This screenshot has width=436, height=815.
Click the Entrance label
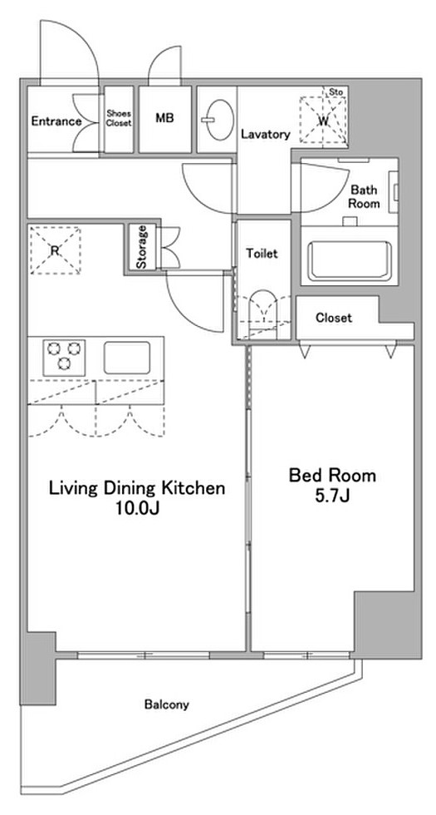click(56, 121)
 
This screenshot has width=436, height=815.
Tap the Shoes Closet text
click(119, 118)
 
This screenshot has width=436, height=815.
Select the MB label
click(164, 118)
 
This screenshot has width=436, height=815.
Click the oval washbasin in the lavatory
click(218, 120)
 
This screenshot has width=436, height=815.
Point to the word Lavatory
click(265, 135)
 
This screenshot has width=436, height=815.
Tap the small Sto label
click(337, 92)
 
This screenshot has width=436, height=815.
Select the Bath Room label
click(364, 196)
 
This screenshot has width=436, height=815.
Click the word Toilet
click(262, 254)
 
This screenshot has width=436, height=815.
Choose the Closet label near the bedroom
click(334, 318)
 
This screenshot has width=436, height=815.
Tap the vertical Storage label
click(141, 247)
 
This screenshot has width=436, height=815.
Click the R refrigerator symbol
click(55, 250)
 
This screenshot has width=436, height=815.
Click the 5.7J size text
click(332, 496)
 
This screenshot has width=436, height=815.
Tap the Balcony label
click(167, 705)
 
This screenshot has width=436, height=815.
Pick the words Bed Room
click(332, 475)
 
